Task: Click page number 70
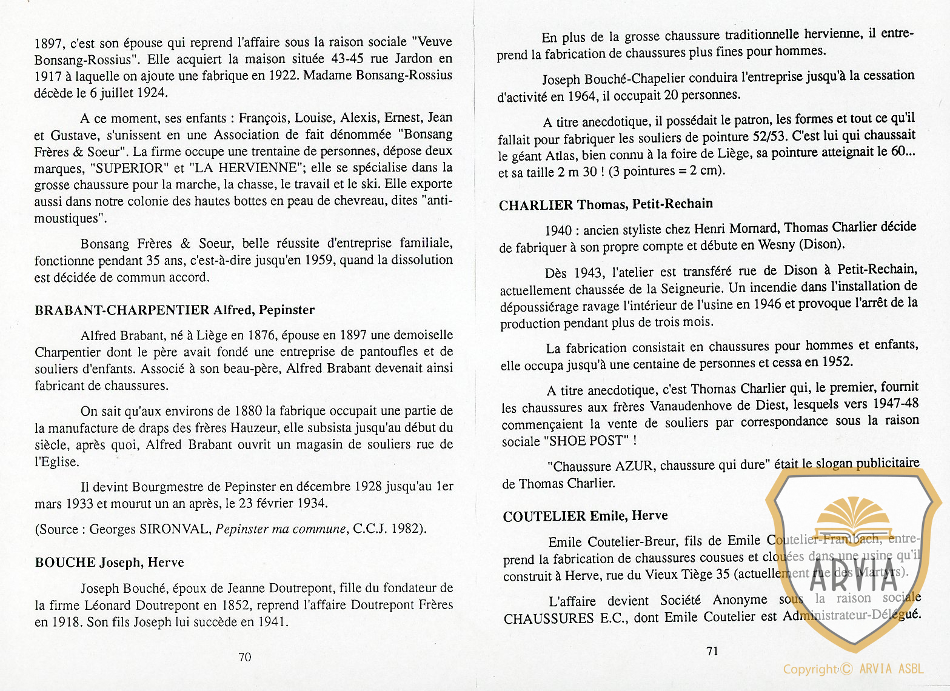coord(245,657)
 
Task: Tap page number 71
coord(712,651)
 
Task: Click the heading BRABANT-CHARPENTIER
coord(122,310)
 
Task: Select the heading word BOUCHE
coord(65,562)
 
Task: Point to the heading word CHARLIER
coord(536,205)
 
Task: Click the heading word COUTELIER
coord(544,516)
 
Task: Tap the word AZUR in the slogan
coord(634,466)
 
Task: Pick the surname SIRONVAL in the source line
coord(175,529)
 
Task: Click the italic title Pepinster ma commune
coord(280,529)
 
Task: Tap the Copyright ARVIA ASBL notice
coord(853,669)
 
